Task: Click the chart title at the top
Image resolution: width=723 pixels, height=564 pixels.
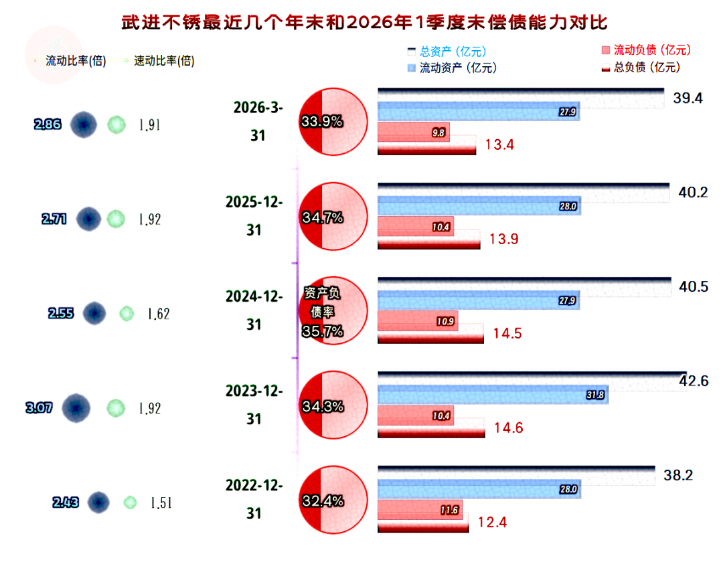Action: (365, 22)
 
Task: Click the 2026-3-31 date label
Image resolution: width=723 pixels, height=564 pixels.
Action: (258, 120)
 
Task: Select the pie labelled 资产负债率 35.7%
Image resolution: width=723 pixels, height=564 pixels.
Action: (333, 311)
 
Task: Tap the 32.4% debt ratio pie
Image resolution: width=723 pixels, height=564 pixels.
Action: (333, 500)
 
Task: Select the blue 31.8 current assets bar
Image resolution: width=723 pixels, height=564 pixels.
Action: (493, 395)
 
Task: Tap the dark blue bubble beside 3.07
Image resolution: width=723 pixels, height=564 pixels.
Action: (76, 407)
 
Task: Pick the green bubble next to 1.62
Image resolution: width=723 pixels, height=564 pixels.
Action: (126, 313)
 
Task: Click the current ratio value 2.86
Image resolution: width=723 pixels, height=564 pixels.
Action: (48, 124)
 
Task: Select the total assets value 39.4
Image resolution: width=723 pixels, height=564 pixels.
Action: (688, 98)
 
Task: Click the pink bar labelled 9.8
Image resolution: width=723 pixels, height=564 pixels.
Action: (413, 132)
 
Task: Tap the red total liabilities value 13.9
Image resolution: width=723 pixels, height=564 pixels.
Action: (504, 239)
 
